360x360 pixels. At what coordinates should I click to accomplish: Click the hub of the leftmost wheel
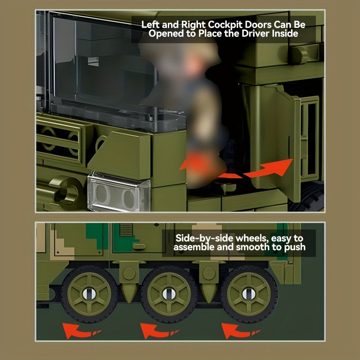click(x=89, y=294)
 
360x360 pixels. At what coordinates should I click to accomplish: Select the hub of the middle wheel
click(x=169, y=294)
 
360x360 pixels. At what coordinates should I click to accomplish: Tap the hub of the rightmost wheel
click(x=249, y=294)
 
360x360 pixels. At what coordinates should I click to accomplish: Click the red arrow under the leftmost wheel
click(x=81, y=331)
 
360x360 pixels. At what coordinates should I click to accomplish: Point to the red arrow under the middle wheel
click(x=158, y=331)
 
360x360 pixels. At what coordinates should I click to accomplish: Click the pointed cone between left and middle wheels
click(x=129, y=293)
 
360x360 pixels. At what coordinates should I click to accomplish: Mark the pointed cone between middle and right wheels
click(x=209, y=293)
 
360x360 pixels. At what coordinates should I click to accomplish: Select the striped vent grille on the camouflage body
click(x=126, y=230)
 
